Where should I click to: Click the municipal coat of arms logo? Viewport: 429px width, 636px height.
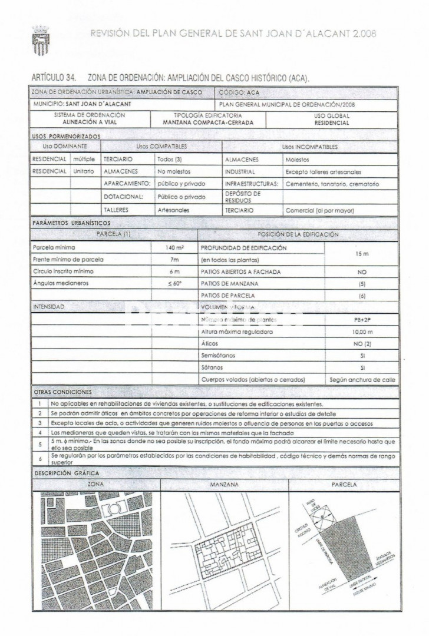coord(39,41)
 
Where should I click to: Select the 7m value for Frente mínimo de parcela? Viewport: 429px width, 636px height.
coord(174,260)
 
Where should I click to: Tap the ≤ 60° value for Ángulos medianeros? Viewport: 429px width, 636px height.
coord(174,283)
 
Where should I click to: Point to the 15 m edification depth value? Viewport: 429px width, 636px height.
coord(362,254)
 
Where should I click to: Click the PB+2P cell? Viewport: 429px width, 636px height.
coord(362,320)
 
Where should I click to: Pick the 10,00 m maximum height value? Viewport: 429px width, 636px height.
coord(362,332)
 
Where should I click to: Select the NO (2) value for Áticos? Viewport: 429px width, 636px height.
coord(362,344)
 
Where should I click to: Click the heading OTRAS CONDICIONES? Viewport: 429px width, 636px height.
coord(63,392)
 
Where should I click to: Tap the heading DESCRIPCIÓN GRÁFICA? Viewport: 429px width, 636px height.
coord(67,473)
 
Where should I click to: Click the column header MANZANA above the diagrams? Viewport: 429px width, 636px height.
coord(224,484)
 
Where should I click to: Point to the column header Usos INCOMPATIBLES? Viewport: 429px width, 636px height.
coord(309,147)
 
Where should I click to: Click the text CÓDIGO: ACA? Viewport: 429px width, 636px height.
coord(239,92)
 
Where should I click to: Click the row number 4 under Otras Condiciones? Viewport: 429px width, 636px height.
coord(40,432)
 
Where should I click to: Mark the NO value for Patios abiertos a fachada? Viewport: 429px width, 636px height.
coord(362,272)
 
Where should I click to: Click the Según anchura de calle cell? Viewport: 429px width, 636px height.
coord(362,380)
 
